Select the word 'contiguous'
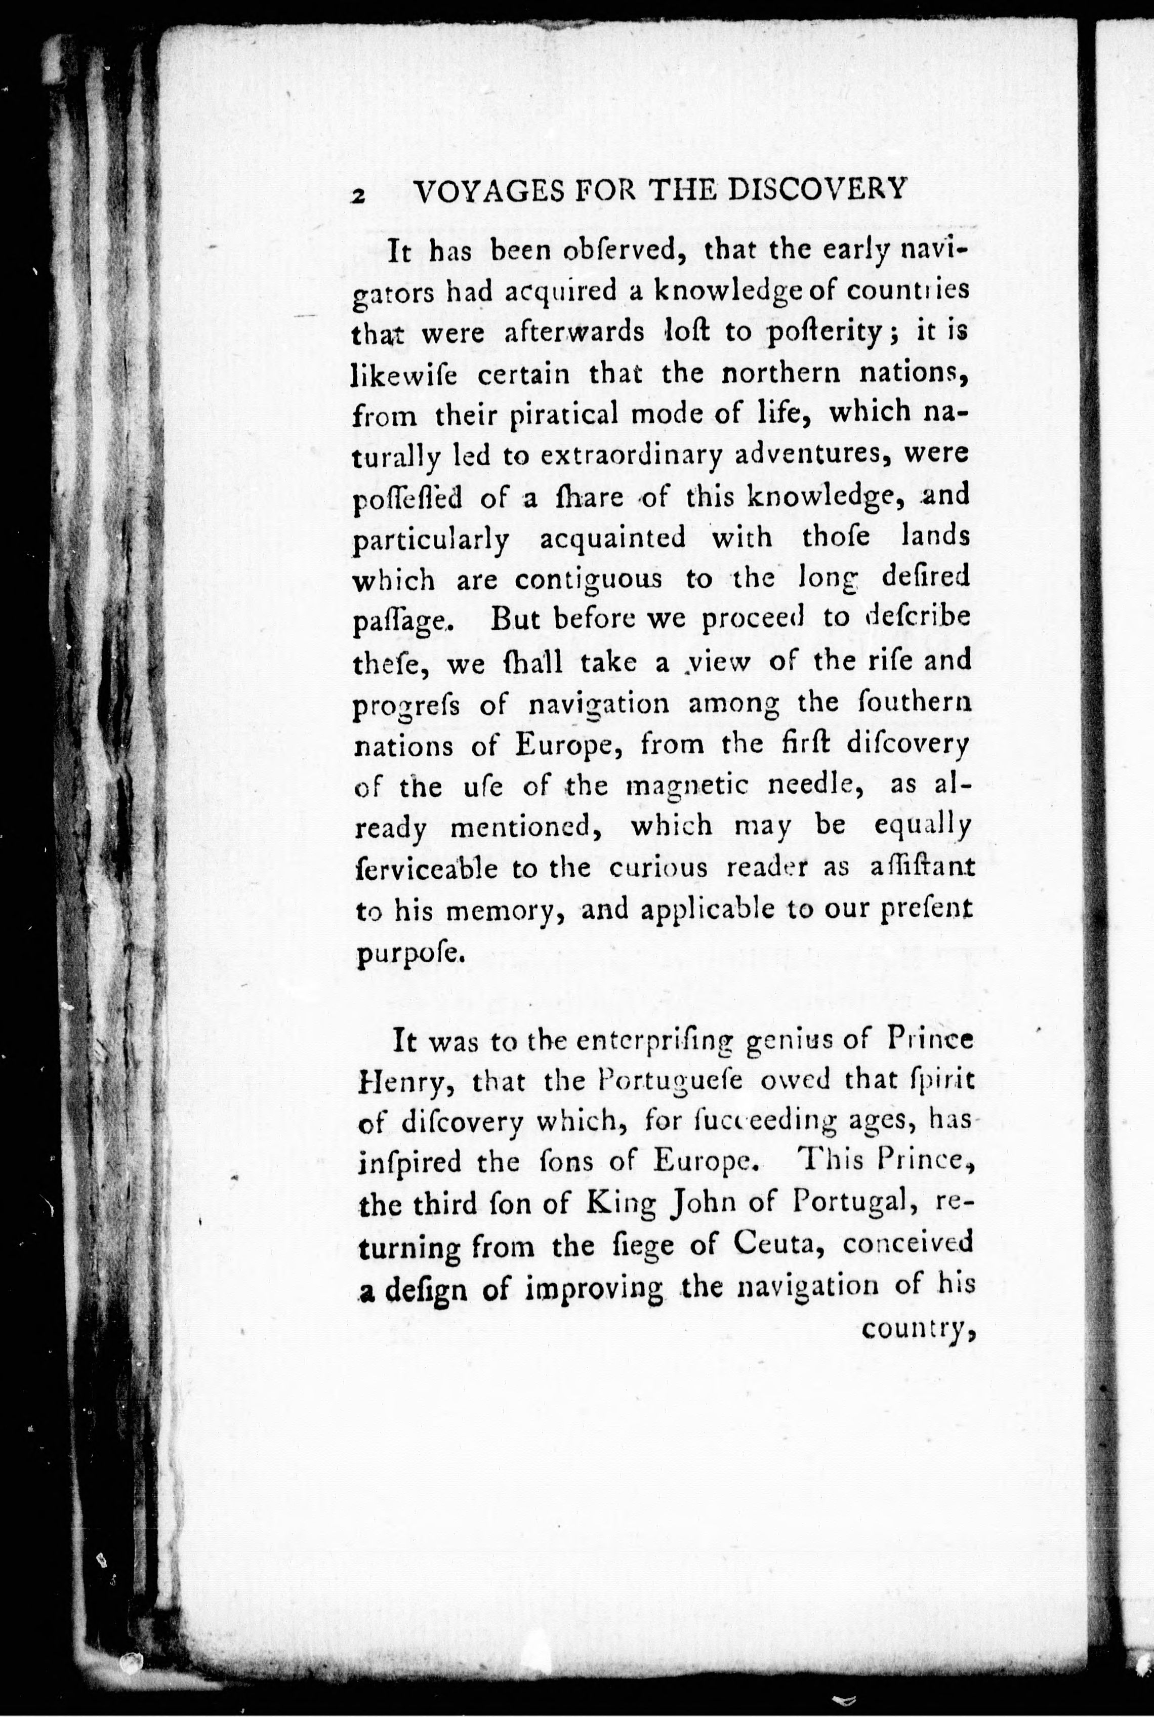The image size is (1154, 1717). pyautogui.click(x=587, y=581)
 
